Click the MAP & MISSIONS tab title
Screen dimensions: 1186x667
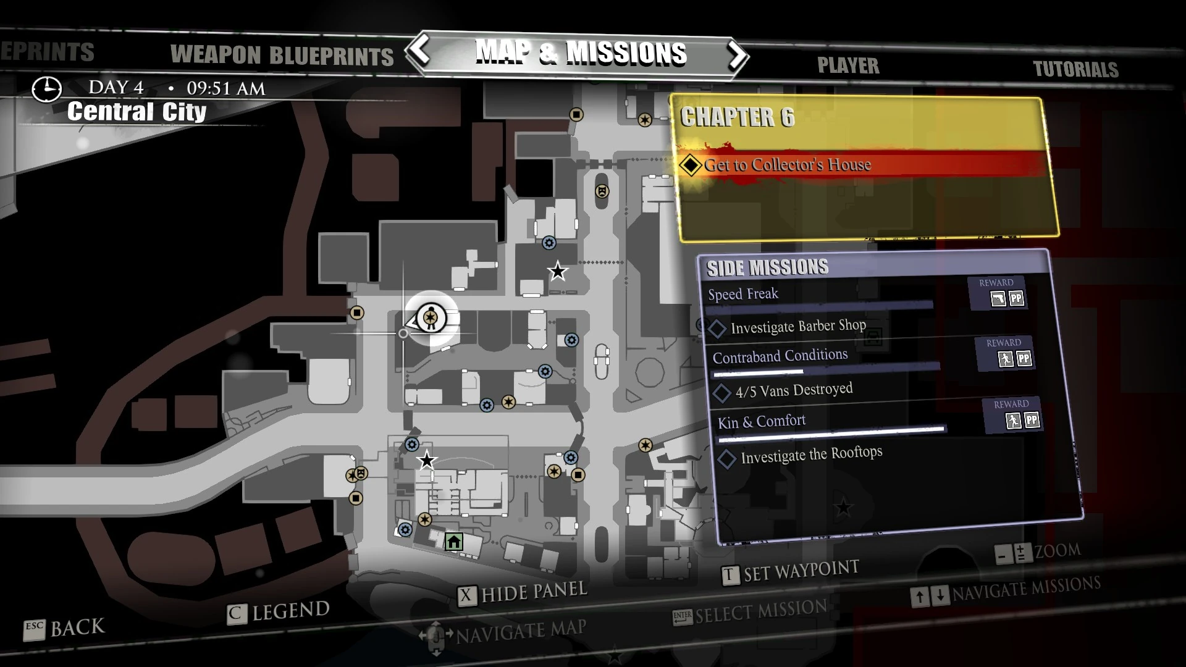click(581, 53)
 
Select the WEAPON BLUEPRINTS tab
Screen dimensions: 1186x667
click(282, 56)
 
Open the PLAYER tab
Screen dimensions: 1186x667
click(848, 65)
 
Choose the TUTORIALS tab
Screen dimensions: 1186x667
click(1075, 69)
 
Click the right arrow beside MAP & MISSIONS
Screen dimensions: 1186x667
click(736, 56)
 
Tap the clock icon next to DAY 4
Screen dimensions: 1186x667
click(47, 89)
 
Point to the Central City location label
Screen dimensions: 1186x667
click(137, 112)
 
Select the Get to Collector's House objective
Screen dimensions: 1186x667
click(787, 165)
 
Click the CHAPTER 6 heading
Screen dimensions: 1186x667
click(737, 117)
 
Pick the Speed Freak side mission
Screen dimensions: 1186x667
click(743, 294)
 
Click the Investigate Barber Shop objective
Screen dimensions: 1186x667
click(798, 326)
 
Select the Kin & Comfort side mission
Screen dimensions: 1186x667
click(762, 422)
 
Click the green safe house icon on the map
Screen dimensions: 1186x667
click(454, 542)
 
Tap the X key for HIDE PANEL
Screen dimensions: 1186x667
click(466, 596)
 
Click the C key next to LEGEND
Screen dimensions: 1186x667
click(236, 614)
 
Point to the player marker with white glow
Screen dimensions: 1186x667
click(431, 318)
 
